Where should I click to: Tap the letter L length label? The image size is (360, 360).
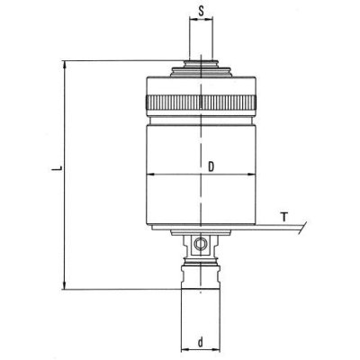pos(55,168)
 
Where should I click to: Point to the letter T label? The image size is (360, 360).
pos(284,217)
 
